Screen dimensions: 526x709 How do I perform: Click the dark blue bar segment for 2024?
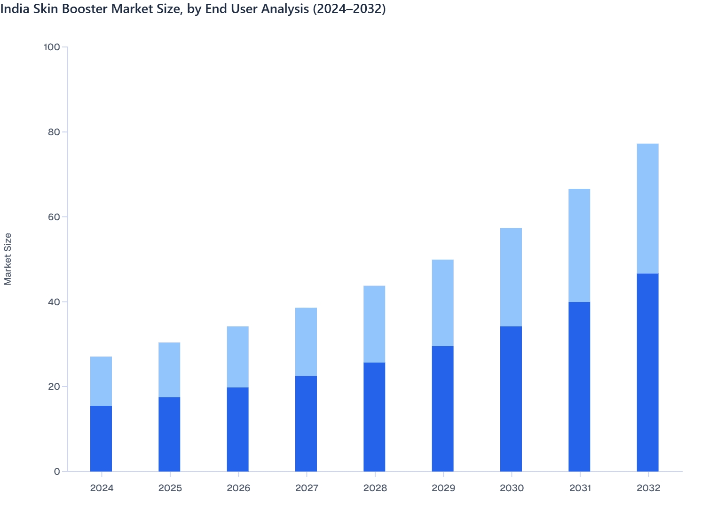101,438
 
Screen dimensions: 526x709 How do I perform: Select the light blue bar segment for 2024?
101,381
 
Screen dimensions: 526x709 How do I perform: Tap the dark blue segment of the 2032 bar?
647,372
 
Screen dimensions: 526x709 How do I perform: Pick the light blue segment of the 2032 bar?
647,209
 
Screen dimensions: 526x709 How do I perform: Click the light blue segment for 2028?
374,324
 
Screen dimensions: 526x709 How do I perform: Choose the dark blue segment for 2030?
511,399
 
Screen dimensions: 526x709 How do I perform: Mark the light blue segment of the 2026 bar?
237,357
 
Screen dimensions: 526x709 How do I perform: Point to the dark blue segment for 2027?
306,424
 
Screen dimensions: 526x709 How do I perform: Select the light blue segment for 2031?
579,245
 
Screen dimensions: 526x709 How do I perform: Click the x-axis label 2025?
170,488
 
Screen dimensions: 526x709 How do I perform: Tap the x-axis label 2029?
443,488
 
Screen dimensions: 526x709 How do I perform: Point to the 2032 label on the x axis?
648,488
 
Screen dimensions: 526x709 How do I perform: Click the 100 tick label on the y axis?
52,47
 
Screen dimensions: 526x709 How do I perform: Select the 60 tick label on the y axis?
54,217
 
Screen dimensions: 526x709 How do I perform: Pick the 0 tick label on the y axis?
57,472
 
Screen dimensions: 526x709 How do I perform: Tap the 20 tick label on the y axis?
54,387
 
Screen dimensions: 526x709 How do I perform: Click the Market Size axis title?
8,259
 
